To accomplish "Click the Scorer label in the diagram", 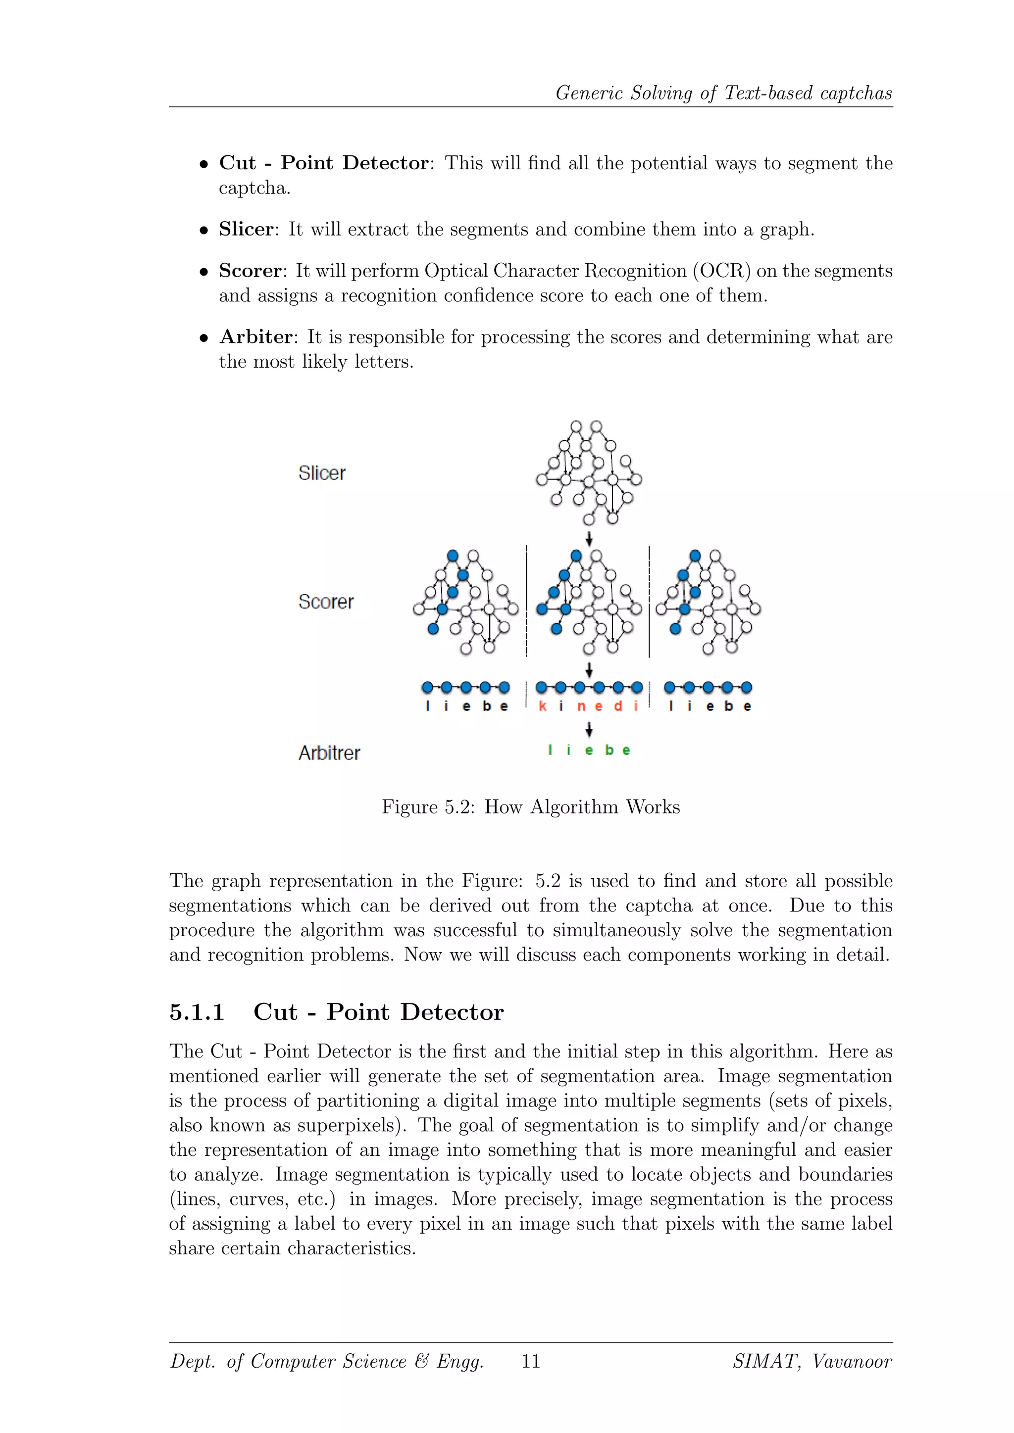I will point(325,602).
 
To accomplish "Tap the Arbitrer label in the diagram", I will point(329,753).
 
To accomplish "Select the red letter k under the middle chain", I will point(542,706).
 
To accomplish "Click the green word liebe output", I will point(589,750).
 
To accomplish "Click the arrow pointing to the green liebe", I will point(589,729).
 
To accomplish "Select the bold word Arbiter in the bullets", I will point(255,337).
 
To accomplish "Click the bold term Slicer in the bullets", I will point(246,230).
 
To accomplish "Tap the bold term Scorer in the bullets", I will point(250,271).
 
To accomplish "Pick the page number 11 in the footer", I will point(531,1361).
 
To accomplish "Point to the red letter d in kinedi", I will point(617,706).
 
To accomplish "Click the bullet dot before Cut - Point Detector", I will point(203,165).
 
